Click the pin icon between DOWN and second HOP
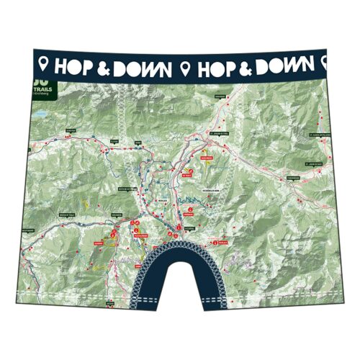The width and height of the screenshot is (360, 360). pos(186,67)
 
